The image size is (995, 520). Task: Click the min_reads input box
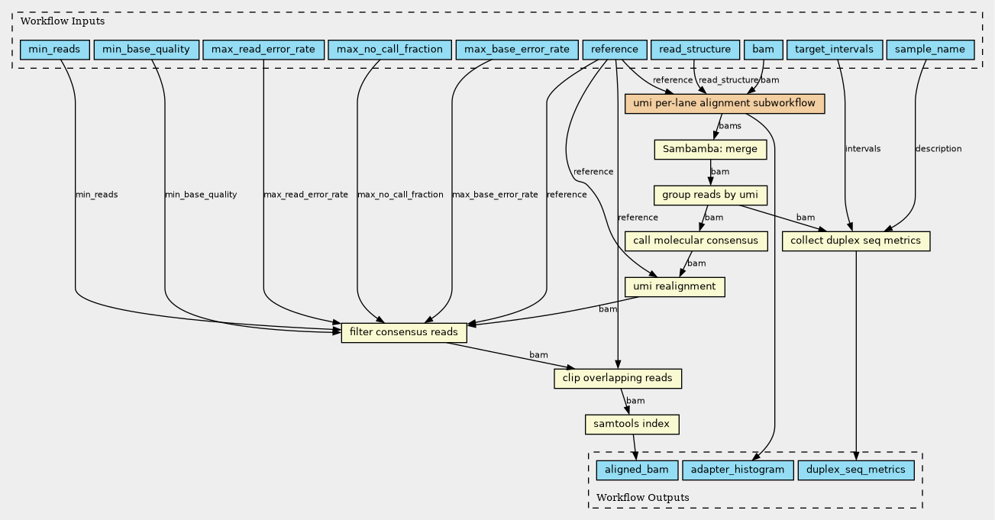(x=55, y=50)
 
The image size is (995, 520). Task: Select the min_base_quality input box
(x=146, y=50)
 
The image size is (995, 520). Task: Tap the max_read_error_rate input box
(x=263, y=50)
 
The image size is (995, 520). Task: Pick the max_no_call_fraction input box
(x=389, y=50)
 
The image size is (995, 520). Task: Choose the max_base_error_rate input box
(x=517, y=50)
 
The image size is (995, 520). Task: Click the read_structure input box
(x=695, y=50)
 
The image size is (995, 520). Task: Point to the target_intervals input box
(x=834, y=50)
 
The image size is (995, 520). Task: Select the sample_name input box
(x=930, y=50)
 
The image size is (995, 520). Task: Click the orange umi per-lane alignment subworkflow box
(x=725, y=104)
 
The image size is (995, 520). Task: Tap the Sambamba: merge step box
(x=710, y=149)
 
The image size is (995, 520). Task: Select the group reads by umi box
(x=710, y=195)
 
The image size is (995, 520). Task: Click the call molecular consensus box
(x=696, y=241)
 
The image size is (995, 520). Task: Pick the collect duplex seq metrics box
(x=856, y=241)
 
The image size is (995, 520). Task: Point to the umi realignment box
(x=675, y=286)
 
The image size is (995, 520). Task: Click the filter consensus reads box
(x=404, y=332)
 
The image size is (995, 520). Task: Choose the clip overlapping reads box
(x=618, y=378)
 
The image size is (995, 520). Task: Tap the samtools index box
(x=632, y=424)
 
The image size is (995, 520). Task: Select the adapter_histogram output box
(x=738, y=470)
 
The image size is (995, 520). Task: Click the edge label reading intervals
(x=863, y=149)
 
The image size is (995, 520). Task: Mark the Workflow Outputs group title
(x=643, y=497)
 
